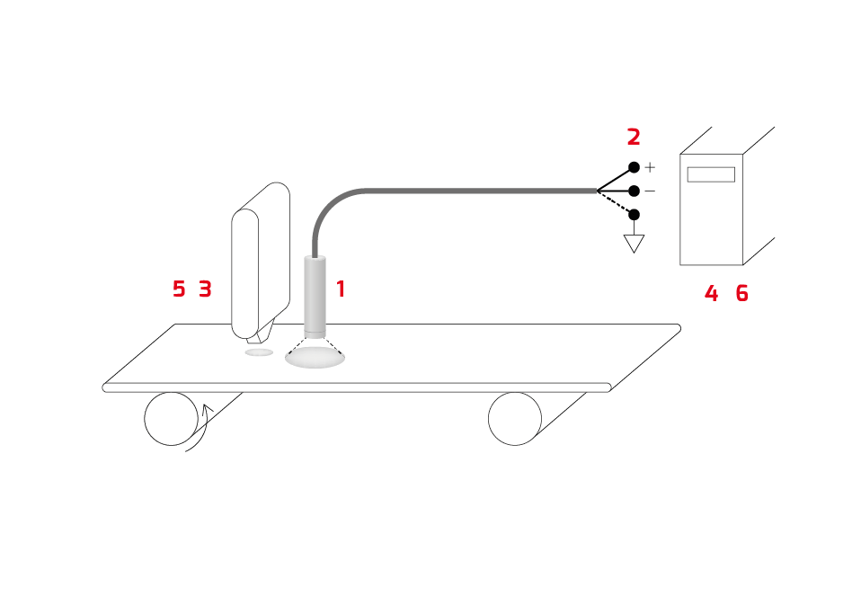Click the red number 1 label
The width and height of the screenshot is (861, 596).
pos(341,289)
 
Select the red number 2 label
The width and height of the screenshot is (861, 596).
pos(634,138)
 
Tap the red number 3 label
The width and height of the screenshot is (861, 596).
pos(205,289)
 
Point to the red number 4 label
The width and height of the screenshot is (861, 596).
pos(711,294)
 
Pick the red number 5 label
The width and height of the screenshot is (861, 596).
pos(179,289)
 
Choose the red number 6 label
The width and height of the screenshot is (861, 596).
pos(741,294)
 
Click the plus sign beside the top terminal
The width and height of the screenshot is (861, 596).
pos(650,167)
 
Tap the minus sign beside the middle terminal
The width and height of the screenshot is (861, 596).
pos(650,191)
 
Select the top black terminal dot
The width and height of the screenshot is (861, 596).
pos(634,167)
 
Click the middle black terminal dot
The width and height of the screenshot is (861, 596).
pos(634,191)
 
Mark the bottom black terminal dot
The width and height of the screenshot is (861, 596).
pos(634,214)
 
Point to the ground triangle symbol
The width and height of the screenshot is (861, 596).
pos(634,244)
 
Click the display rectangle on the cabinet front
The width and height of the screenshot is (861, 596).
pos(711,174)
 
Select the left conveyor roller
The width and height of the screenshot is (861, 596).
pos(172,419)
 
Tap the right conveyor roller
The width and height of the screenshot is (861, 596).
pos(515,419)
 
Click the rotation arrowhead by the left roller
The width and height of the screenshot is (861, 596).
pos(207,409)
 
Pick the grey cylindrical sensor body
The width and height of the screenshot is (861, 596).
pos(315,297)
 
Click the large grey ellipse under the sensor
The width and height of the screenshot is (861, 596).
pos(315,358)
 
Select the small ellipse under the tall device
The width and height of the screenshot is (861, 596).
pos(259,352)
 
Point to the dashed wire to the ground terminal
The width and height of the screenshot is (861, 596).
pos(615,202)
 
